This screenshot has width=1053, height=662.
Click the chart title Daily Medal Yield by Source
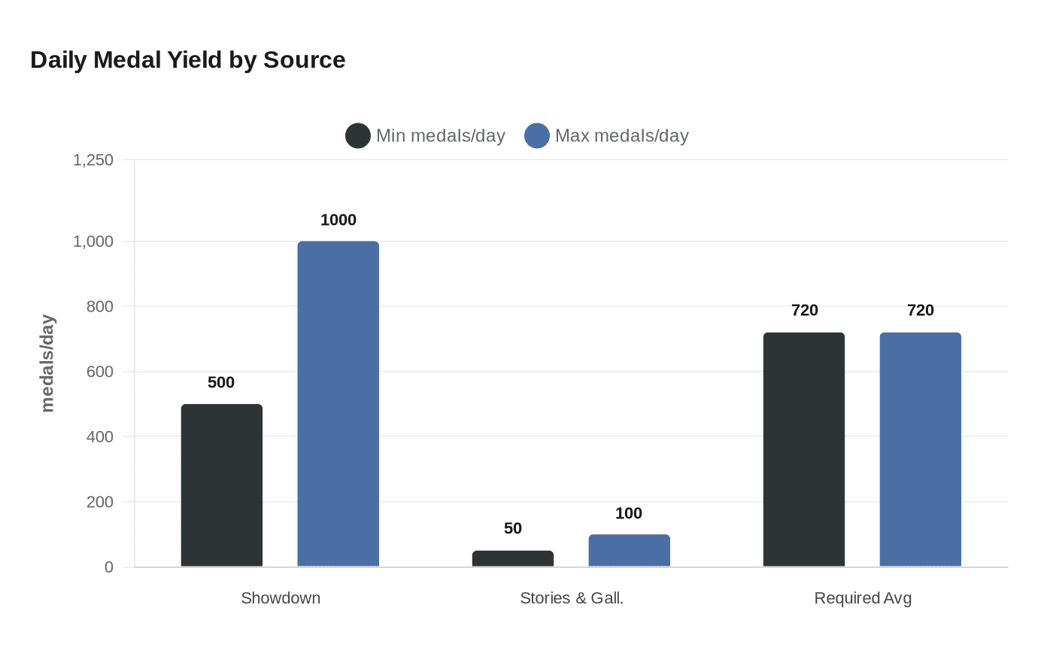pyautogui.click(x=187, y=60)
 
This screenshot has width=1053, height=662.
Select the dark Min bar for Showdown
pyautogui.click(x=222, y=485)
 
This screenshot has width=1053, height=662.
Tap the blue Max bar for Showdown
pyautogui.click(x=338, y=404)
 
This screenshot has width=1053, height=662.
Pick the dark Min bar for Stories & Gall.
pyautogui.click(x=513, y=558)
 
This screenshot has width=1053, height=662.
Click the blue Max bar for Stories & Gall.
pyautogui.click(x=629, y=551)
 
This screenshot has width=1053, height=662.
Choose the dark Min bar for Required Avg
pyautogui.click(x=804, y=449)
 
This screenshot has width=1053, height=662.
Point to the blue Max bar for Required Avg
pyautogui.click(x=920, y=449)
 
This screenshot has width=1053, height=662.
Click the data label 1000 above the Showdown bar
pyautogui.click(x=338, y=220)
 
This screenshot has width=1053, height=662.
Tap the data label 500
pyautogui.click(x=221, y=382)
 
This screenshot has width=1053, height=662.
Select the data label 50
pyautogui.click(x=513, y=528)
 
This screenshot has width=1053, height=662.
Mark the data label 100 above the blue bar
pyautogui.click(x=629, y=513)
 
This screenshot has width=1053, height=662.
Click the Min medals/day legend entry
pyautogui.click(x=426, y=135)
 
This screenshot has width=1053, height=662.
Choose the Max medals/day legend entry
pyautogui.click(x=607, y=135)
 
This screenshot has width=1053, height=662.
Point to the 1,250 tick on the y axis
pyautogui.click(x=93, y=159)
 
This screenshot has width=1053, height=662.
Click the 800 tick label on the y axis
pyautogui.click(x=100, y=306)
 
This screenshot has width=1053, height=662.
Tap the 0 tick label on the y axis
pyautogui.click(x=109, y=567)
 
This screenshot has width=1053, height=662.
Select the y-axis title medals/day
pyautogui.click(x=47, y=363)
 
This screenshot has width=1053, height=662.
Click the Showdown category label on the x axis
pyautogui.click(x=281, y=598)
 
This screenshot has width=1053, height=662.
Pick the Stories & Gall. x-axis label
pyautogui.click(x=572, y=598)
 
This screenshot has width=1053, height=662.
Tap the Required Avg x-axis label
pyautogui.click(x=863, y=598)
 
